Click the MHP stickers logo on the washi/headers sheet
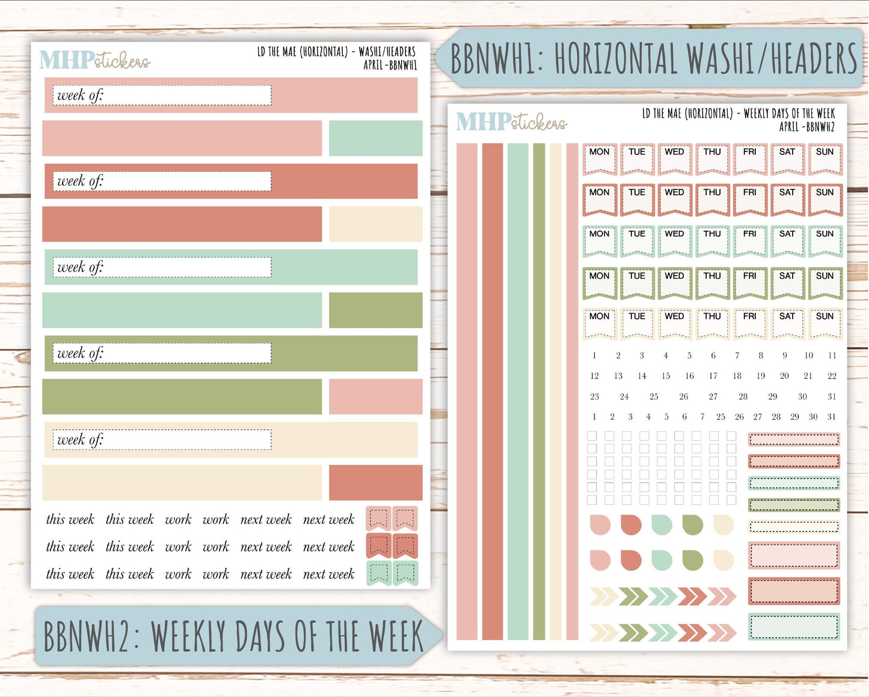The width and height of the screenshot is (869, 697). coord(94,60)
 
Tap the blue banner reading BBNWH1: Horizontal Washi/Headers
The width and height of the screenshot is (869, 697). coord(653,58)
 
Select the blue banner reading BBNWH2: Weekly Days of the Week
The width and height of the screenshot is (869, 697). coord(235,636)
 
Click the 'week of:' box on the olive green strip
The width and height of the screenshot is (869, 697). coord(162,353)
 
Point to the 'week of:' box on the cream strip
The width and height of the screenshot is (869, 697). coord(162,440)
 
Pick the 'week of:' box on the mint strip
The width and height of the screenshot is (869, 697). coord(162,267)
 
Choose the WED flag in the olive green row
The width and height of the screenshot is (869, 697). coord(674,283)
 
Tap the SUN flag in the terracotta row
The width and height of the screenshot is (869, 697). coord(824,199)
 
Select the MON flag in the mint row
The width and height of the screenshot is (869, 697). coord(599,241)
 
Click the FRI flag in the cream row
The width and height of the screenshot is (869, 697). coord(749,323)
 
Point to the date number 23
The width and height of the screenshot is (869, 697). coord(594,397)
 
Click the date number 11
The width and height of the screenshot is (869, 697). coord(832,356)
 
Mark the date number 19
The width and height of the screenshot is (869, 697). coord(761,376)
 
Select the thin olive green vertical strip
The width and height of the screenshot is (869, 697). coord(539,392)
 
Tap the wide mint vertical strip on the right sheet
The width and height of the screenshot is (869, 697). coord(518,392)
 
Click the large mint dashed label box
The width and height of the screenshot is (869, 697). coord(794,627)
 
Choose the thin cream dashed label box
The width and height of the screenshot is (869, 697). coord(794,527)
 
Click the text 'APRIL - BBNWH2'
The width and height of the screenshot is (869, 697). coord(806,127)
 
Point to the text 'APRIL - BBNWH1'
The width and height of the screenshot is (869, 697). coord(390,65)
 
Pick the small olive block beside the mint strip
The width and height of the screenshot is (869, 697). coord(375,310)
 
